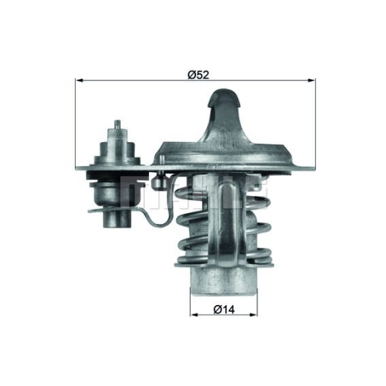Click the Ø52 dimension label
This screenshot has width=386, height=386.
pos(199,74)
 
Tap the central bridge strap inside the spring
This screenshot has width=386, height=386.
pos(229,224)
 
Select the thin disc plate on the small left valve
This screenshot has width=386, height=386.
pos(116,207)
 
